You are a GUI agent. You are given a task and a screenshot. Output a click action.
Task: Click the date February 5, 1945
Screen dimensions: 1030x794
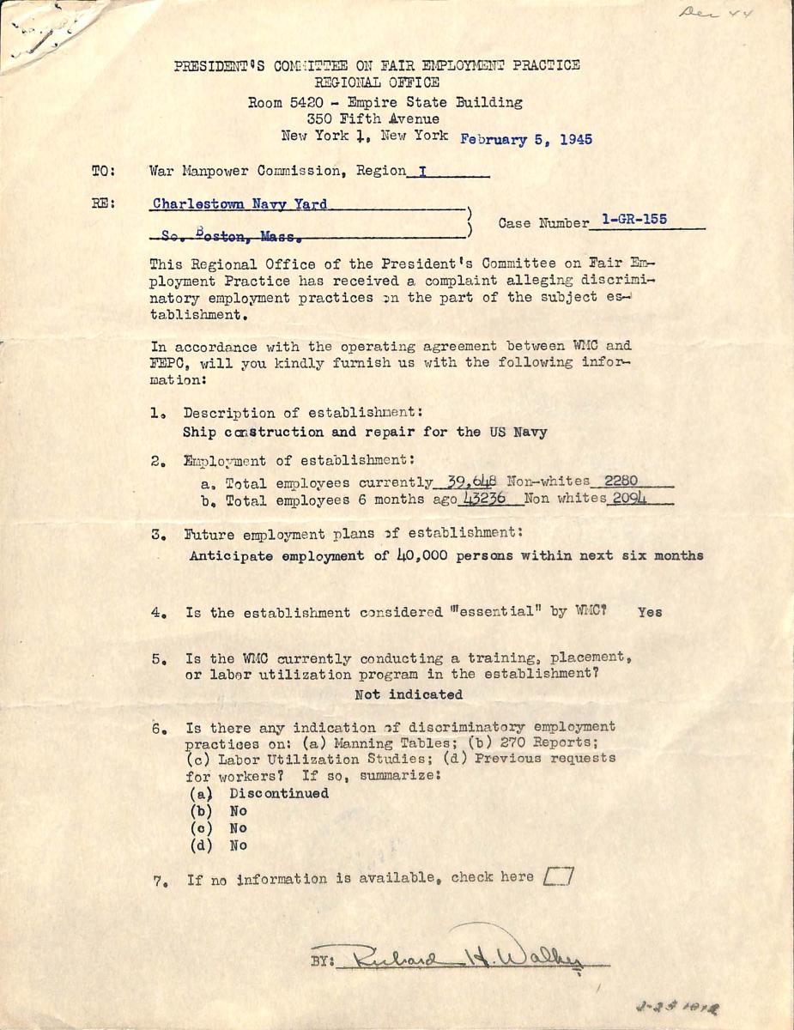(526, 140)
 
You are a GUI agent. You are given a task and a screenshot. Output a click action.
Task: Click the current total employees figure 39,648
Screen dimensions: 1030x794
(468, 482)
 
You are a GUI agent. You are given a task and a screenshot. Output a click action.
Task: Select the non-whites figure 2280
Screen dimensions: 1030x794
(621, 481)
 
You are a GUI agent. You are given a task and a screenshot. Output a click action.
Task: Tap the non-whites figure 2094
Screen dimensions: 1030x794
(628, 499)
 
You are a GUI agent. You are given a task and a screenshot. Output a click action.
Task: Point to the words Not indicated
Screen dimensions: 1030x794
(408, 694)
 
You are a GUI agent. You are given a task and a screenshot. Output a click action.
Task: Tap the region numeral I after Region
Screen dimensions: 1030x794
(421, 171)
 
